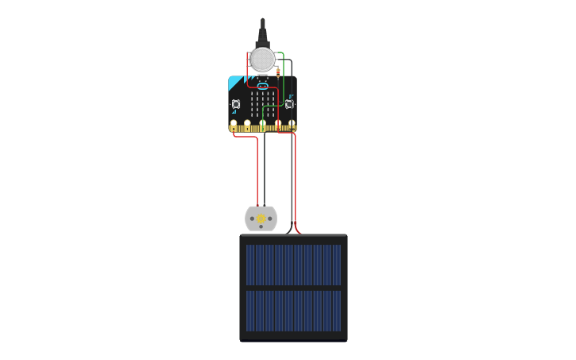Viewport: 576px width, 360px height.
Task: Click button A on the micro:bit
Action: pyautogui.click(x=236, y=104)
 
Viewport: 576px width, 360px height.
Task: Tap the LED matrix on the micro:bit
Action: pyautogui.click(x=262, y=103)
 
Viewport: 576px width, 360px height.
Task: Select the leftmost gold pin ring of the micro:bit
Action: pyautogui.click(x=234, y=125)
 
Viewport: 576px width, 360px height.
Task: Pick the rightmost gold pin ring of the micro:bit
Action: pyautogui.click(x=292, y=125)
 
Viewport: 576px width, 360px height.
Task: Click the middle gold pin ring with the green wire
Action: pyautogui.click(x=263, y=125)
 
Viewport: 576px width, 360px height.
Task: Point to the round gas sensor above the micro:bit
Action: pyautogui.click(x=262, y=59)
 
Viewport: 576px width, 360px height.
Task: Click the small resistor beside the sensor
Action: pyautogui.click(x=278, y=73)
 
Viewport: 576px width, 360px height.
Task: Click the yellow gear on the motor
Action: pyautogui.click(x=261, y=219)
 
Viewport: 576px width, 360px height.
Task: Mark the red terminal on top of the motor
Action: pyautogui.click(x=257, y=207)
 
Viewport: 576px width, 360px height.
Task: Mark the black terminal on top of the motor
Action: pyautogui.click(x=265, y=207)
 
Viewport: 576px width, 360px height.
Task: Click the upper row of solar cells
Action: pyautogui.click(x=293, y=264)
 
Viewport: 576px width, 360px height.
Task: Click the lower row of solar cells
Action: pyautogui.click(x=293, y=311)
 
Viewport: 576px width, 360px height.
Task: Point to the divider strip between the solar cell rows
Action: pyautogui.click(x=293, y=288)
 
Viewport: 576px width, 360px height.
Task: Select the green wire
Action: pyautogui.click(x=284, y=79)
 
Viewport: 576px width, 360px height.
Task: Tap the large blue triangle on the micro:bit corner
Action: pyautogui.click(x=234, y=83)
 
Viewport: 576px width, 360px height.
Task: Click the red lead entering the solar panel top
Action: pyautogui.click(x=298, y=231)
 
